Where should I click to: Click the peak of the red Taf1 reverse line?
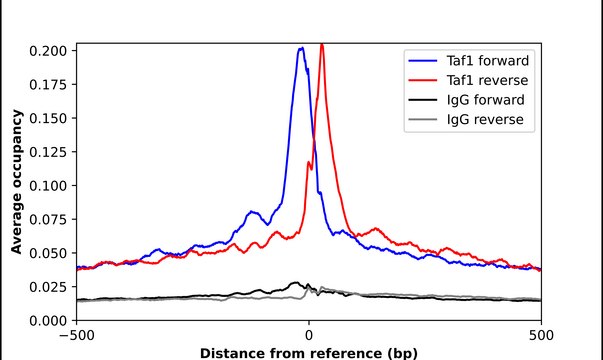(x=321, y=44)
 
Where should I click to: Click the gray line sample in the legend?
(x=423, y=122)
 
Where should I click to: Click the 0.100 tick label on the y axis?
(x=49, y=186)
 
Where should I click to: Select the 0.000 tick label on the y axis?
(x=49, y=321)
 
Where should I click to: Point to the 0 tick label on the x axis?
(x=309, y=336)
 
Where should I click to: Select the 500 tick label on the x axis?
(x=541, y=336)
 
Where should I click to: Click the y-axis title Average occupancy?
(x=17, y=185)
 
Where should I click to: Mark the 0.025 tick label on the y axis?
(x=49, y=287)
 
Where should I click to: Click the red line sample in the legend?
(x=423, y=80)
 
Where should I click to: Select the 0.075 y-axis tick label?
(x=49, y=220)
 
